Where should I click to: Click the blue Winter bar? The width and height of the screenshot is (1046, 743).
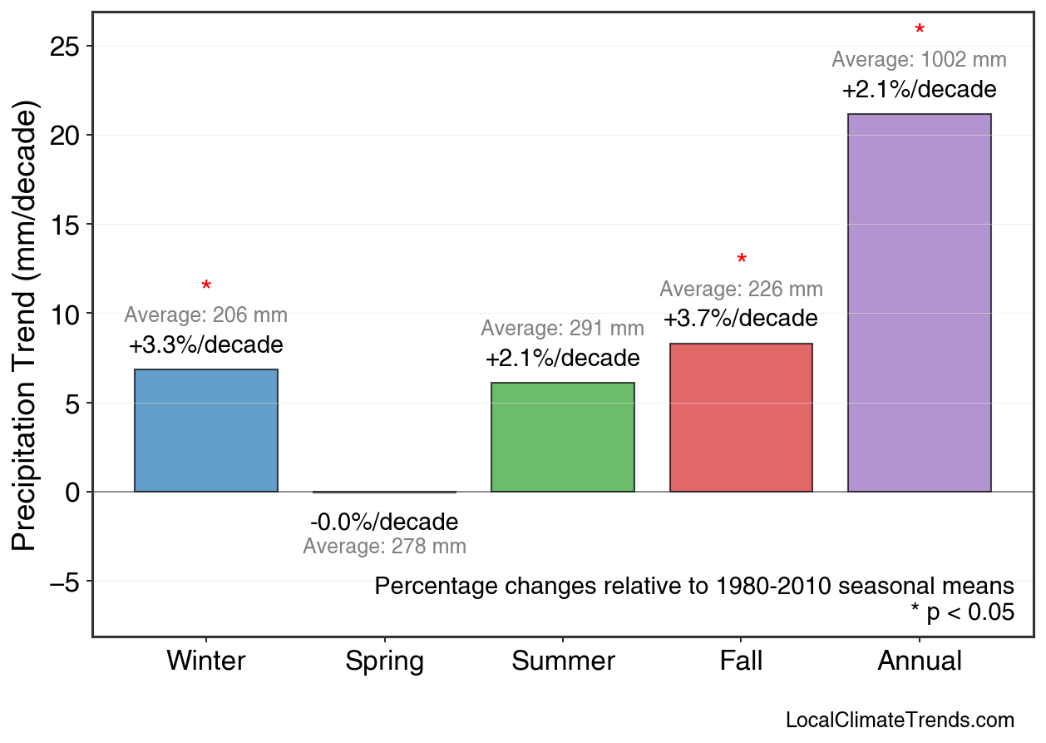tap(205, 430)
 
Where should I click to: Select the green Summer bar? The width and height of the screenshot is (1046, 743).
tap(562, 437)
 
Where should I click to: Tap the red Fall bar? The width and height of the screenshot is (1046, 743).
tap(741, 418)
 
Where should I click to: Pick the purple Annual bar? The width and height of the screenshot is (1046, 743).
tap(919, 303)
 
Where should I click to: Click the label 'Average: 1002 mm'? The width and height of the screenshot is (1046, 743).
tap(919, 60)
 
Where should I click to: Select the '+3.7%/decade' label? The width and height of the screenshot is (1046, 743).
tap(740, 319)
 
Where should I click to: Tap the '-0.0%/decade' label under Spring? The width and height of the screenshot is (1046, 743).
tap(384, 523)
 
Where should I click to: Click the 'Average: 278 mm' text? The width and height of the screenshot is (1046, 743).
tap(384, 547)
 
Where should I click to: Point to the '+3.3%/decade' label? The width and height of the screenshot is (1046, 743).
tap(205, 345)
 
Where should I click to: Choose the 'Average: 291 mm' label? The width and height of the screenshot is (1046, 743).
tap(562, 329)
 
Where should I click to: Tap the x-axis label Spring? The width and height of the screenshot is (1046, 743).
tap(384, 661)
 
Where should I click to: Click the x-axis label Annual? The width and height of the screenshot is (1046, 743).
tap(919, 661)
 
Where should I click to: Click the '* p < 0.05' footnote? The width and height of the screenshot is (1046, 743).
tap(962, 612)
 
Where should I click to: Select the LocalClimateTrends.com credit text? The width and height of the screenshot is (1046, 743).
tap(900, 721)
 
